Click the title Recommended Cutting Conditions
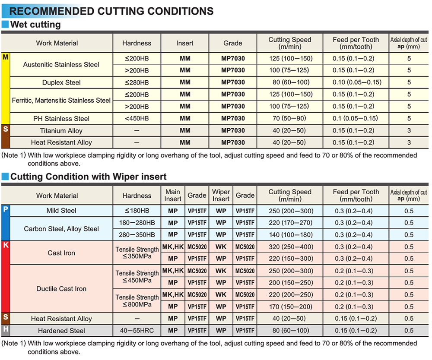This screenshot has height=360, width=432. pos(111,11)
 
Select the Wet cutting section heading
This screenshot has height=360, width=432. pos(35,25)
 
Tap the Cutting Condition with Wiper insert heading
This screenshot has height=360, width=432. pos(88,176)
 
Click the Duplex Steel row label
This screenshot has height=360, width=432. pos(61,82)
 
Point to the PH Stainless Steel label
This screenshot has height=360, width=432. pos(61,119)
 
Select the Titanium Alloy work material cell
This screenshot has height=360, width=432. pos(61,131)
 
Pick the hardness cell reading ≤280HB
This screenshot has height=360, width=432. pos(137,82)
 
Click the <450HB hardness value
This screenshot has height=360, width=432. pos(137,119)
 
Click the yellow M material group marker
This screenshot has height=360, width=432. pos(5,57)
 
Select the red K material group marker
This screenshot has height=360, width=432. pos(5,246)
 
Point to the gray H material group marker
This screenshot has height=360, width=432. pos(5,331)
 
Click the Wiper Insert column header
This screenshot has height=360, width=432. pos(221,195)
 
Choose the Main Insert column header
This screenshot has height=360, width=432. pos(173,195)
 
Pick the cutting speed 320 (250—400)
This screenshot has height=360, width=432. pos(289,247)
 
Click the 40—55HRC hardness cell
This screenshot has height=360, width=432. pos(137,331)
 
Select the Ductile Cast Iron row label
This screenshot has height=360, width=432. pos(61,289)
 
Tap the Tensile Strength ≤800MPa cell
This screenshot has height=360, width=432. pos(137,301)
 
